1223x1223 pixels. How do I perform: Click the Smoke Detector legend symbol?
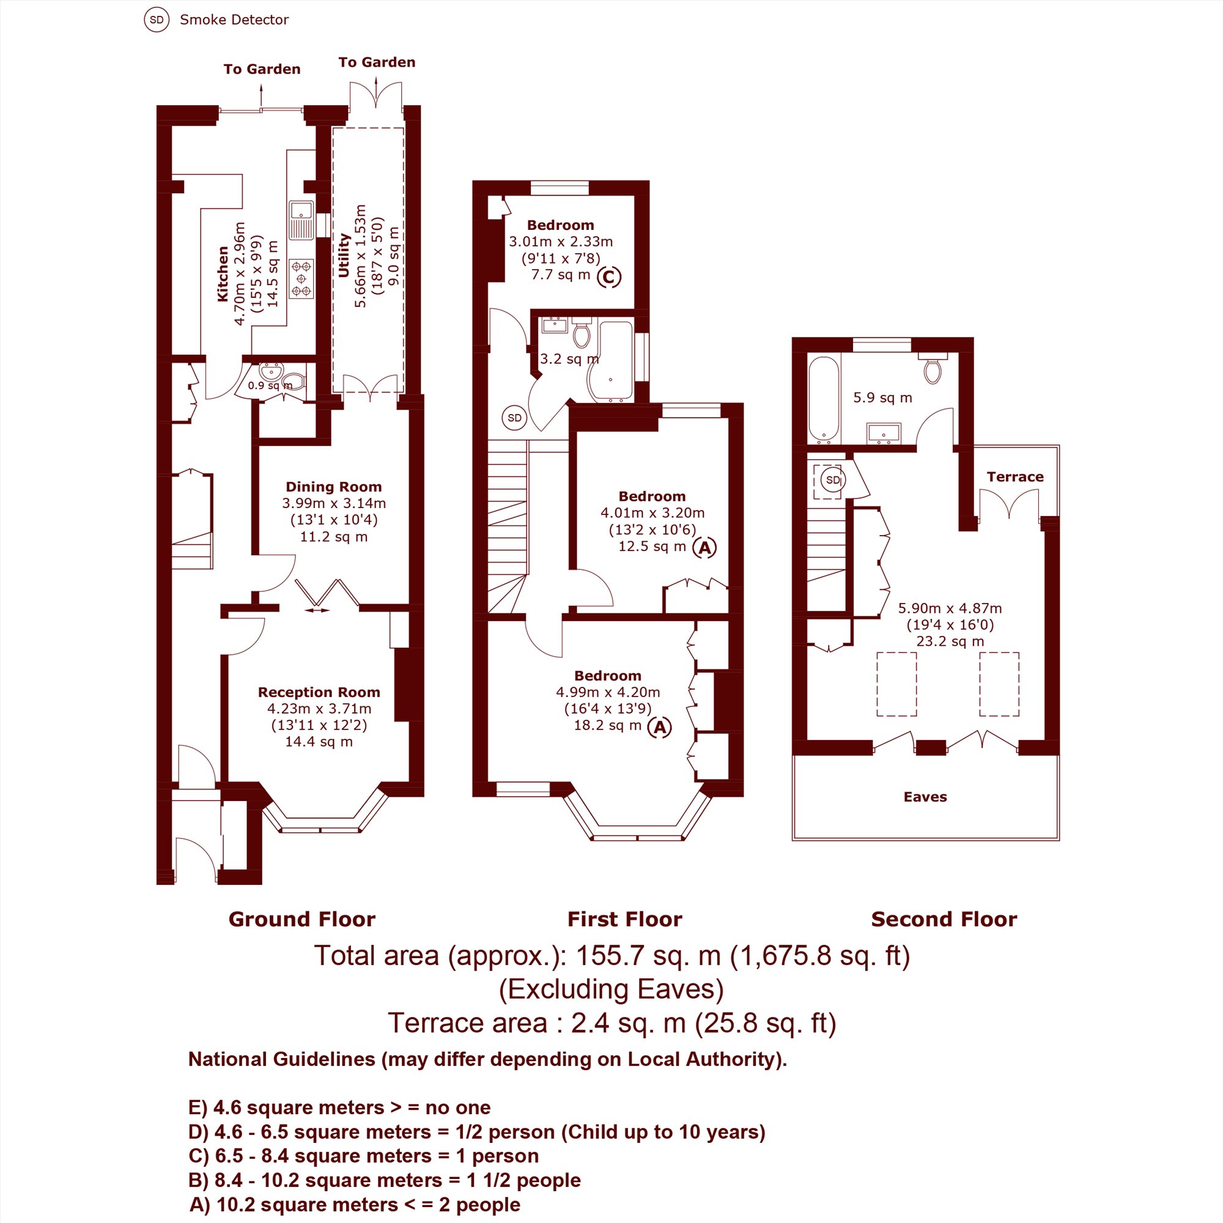tap(157, 20)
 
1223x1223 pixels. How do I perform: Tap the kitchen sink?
tap(301, 220)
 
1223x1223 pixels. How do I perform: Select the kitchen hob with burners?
tap(301, 278)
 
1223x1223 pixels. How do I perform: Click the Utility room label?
tap(344, 255)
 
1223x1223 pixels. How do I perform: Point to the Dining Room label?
tap(334, 487)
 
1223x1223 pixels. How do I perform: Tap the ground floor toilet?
tap(294, 382)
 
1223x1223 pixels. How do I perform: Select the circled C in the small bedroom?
tap(609, 276)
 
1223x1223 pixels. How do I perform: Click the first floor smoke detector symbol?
tap(515, 418)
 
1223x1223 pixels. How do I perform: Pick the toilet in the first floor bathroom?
tap(581, 331)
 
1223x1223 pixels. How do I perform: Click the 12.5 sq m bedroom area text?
tap(652, 546)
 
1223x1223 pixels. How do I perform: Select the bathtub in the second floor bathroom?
tap(824, 399)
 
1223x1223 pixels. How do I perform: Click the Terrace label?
tap(1014, 477)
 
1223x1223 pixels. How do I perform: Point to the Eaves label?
tap(925, 796)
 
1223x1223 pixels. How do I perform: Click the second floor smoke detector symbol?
tap(833, 480)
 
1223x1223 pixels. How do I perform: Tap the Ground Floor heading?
tap(302, 919)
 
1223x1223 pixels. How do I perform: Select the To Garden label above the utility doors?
tap(377, 62)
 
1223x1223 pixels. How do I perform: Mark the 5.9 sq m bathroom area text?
tap(882, 397)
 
